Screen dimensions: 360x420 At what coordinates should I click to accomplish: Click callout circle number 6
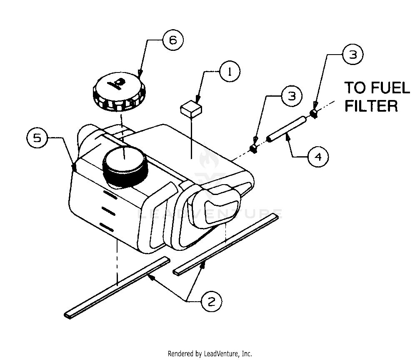[173, 40]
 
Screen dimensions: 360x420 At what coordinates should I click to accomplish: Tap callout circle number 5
[37, 138]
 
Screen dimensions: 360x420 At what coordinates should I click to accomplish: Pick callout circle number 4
[318, 157]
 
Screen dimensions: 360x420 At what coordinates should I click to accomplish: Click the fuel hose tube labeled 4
[287, 130]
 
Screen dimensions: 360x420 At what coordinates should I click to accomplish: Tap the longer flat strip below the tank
[118, 287]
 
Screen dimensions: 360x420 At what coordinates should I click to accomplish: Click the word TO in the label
[355, 89]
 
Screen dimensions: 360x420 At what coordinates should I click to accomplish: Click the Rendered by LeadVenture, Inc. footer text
[210, 354]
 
